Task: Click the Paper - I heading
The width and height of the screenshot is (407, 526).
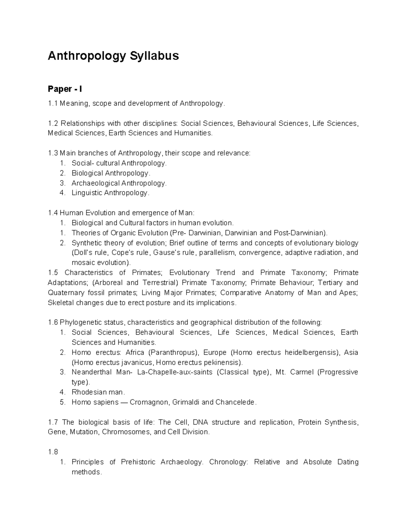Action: [x=65, y=89]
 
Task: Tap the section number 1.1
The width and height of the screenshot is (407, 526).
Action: [x=53, y=104]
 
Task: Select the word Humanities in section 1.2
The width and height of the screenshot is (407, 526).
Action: [x=192, y=133]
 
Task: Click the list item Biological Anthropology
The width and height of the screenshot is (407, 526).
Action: [x=110, y=173]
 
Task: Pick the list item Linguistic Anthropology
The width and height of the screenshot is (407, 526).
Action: [x=110, y=193]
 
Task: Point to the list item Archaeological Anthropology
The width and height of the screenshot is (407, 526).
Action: [x=119, y=183]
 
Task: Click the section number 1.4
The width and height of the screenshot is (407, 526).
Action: [x=53, y=213]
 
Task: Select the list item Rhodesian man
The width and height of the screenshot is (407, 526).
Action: [x=98, y=393]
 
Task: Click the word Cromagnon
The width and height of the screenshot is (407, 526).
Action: [x=149, y=402]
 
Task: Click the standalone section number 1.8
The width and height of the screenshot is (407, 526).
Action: [x=53, y=452]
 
